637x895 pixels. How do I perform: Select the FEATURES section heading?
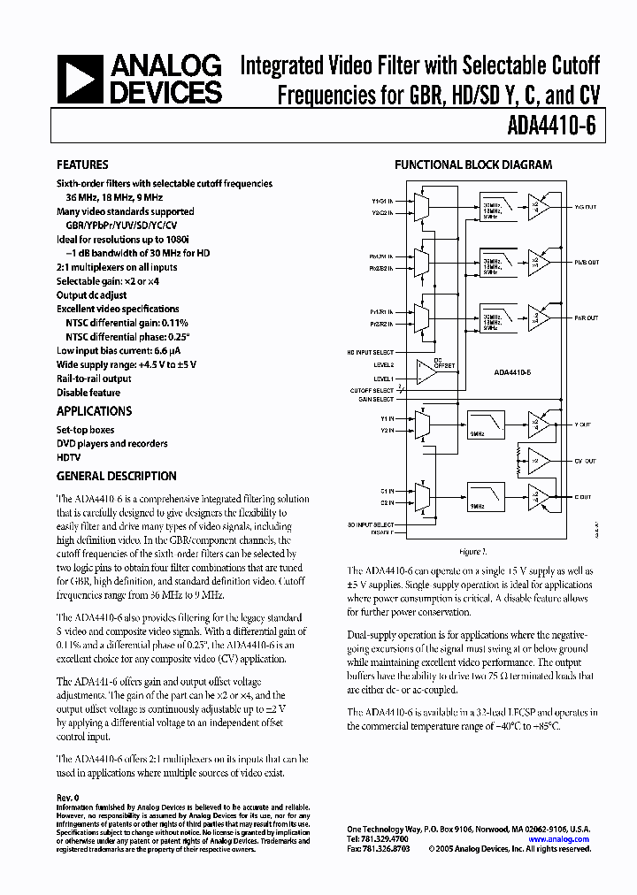coord(82,165)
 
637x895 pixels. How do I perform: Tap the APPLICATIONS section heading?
coord(94,411)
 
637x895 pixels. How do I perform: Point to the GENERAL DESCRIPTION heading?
coord(116,476)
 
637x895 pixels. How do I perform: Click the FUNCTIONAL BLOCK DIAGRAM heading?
coord(472,165)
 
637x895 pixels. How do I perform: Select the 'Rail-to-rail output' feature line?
coord(94,379)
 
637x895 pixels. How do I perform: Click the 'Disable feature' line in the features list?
coord(88,392)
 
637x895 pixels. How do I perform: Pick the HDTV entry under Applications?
coord(70,457)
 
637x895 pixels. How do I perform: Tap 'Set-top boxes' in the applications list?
coord(87,430)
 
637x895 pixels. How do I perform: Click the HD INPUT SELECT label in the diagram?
coord(372,352)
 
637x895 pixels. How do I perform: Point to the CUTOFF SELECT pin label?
coord(372,390)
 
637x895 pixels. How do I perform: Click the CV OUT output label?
coord(586,462)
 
